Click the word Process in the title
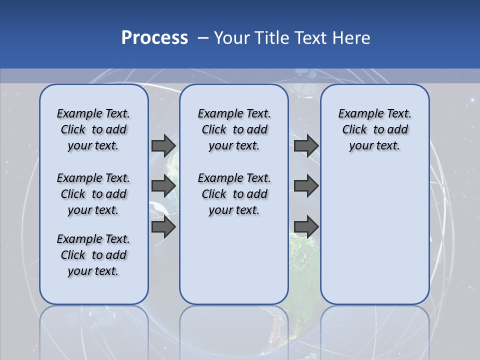pos(154,38)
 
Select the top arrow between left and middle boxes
pos(163,145)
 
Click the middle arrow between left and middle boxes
pos(163,186)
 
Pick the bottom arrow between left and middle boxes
pos(163,227)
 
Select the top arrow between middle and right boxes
pos(306,145)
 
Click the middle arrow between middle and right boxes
pos(306,186)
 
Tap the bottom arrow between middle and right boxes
pos(306,227)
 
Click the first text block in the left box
pos(93,129)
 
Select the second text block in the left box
pos(93,194)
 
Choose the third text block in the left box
pos(93,255)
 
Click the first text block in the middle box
pos(234,129)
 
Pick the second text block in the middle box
pos(234,194)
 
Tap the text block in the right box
pos(374,129)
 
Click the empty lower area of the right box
pos(374,235)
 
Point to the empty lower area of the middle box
pos(234,260)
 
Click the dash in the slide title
pos(203,38)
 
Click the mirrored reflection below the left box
pos(93,330)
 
